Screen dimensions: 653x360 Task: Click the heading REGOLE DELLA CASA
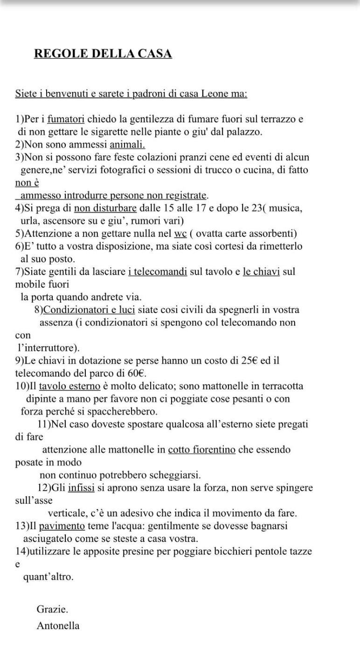pos(103,54)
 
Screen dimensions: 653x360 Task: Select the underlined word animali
pos(127,145)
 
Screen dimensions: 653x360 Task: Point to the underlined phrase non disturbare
pos(105,208)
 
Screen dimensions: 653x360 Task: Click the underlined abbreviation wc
pos(180,233)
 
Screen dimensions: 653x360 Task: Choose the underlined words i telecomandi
pos(158,271)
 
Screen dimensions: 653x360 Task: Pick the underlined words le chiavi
pos(261,271)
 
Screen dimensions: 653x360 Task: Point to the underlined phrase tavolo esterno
pos(69,386)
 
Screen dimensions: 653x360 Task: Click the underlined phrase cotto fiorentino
pos(201,450)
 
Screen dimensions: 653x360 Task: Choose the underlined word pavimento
pos(62,526)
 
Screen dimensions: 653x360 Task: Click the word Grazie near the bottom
pos(52,609)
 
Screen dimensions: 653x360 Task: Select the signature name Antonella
pos(58,626)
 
